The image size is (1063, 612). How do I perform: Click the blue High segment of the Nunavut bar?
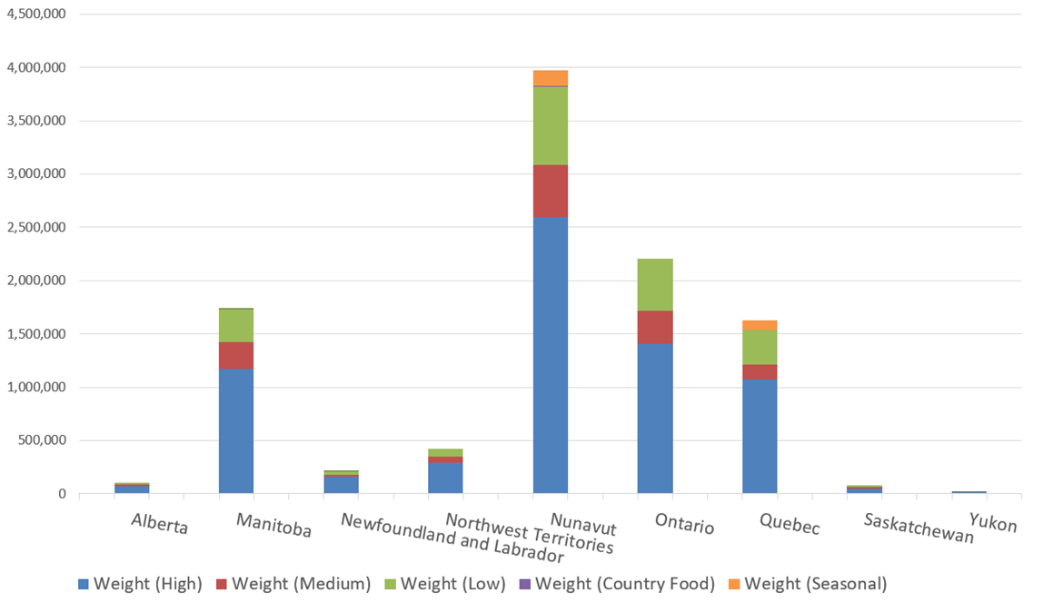click(x=550, y=354)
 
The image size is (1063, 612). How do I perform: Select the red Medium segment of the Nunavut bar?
click(x=550, y=191)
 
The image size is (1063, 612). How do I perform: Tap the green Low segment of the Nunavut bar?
click(x=550, y=125)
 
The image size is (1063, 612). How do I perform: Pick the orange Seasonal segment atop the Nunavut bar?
click(x=550, y=77)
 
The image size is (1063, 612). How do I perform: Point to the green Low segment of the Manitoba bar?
click(x=236, y=325)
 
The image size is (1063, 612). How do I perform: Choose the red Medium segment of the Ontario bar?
click(x=655, y=327)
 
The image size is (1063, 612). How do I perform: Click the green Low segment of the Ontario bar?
click(x=655, y=284)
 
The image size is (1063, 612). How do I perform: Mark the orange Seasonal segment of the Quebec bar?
click(x=760, y=325)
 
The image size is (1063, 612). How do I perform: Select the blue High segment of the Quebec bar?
click(x=760, y=436)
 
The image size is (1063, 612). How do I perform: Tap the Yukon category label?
click(x=993, y=523)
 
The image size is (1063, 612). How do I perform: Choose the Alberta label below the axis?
click(x=159, y=523)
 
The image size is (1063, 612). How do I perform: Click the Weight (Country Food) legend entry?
click(x=625, y=584)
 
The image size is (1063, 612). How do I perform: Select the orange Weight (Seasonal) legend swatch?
click(x=733, y=584)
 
